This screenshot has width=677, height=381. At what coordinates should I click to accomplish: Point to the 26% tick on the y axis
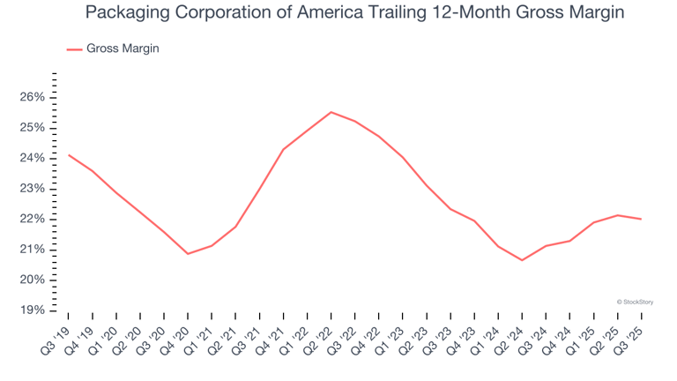coord(33,97)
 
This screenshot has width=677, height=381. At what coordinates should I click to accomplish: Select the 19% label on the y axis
coord(33,310)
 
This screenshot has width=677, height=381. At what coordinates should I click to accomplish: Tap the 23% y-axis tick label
coord(33,189)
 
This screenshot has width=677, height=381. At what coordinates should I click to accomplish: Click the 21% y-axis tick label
coord(33,250)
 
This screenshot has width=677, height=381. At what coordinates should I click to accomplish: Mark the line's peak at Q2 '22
coord(331,112)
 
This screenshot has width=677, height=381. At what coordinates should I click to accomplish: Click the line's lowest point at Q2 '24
coord(521,260)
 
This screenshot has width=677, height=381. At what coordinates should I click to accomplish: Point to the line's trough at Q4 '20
coord(188,254)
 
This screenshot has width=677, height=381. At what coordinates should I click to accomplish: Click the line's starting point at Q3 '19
coord(69,155)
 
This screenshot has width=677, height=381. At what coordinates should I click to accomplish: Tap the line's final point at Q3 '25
coord(640,219)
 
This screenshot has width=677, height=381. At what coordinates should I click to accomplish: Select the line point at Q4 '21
coord(283,150)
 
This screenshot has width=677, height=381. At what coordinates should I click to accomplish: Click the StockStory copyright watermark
coord(635,302)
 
